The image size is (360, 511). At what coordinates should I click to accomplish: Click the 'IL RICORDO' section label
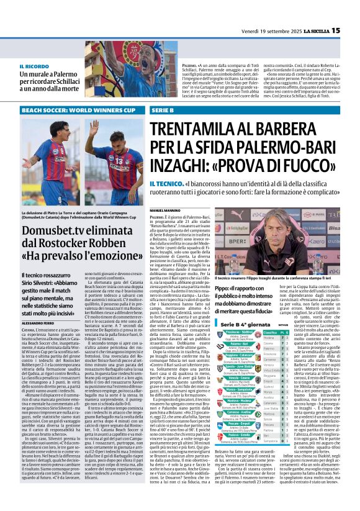pos(34,66)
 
